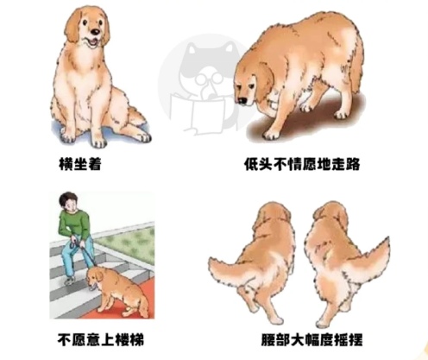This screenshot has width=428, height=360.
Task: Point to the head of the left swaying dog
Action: pos(280,216)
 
